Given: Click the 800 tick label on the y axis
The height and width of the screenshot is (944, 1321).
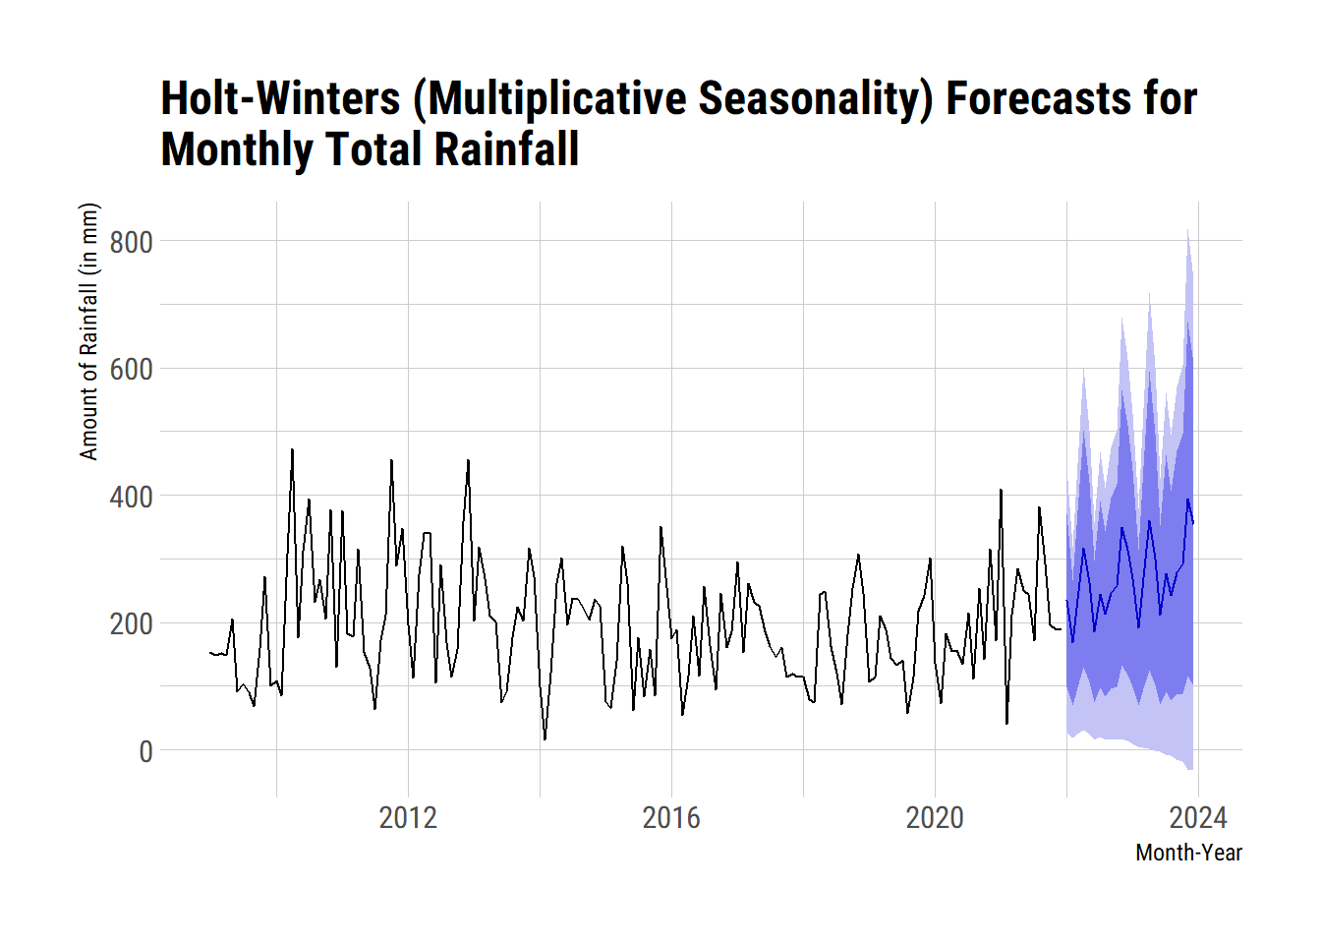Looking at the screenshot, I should pyautogui.click(x=131, y=242).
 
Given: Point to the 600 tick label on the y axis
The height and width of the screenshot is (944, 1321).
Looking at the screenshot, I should pyautogui.click(x=131, y=370).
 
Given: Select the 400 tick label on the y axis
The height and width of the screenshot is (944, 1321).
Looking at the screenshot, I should pyautogui.click(x=131, y=497).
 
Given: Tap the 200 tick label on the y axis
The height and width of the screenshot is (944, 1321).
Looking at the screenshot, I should pyautogui.click(x=131, y=623).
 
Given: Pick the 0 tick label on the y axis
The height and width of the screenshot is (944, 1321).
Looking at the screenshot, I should pyautogui.click(x=145, y=751).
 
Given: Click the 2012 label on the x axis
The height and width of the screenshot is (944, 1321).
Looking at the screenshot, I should pyautogui.click(x=408, y=817).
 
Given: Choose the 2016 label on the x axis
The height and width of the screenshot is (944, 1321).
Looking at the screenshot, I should pyautogui.click(x=671, y=817).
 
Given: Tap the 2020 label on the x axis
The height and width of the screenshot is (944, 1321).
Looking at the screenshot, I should pyautogui.click(x=935, y=817).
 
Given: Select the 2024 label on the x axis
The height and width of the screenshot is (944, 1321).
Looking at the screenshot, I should pyautogui.click(x=1198, y=817).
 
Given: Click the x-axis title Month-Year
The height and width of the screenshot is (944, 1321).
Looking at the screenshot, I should pyautogui.click(x=1188, y=853).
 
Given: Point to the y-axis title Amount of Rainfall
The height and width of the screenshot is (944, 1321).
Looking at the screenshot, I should pyautogui.click(x=89, y=330).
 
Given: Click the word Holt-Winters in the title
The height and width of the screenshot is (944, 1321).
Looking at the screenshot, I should pyautogui.click(x=280, y=98).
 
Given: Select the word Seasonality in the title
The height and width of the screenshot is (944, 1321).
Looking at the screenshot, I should pyautogui.click(x=815, y=98).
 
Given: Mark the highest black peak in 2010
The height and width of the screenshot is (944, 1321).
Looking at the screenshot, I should pyautogui.click(x=292, y=449).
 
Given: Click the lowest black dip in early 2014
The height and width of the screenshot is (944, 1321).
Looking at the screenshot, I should pyautogui.click(x=545, y=739).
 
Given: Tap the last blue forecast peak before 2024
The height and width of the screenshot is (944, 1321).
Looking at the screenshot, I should pyautogui.click(x=1187, y=500).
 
